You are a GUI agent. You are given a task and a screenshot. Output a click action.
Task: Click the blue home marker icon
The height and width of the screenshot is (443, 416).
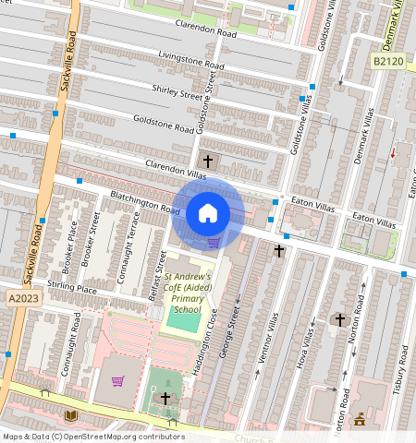coord(208,213)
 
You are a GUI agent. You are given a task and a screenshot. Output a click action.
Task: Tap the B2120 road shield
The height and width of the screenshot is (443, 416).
coord(387,61)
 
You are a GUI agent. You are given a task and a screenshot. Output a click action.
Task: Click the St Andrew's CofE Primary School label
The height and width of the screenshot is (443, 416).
coord(187,293)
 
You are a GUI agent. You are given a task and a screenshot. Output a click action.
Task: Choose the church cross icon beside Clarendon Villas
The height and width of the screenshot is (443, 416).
coord(208,162)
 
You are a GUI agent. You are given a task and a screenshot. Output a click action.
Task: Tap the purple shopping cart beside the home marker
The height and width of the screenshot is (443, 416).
coord(214,243)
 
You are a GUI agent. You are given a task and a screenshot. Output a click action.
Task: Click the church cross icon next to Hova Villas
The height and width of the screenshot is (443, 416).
coord(339,320)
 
